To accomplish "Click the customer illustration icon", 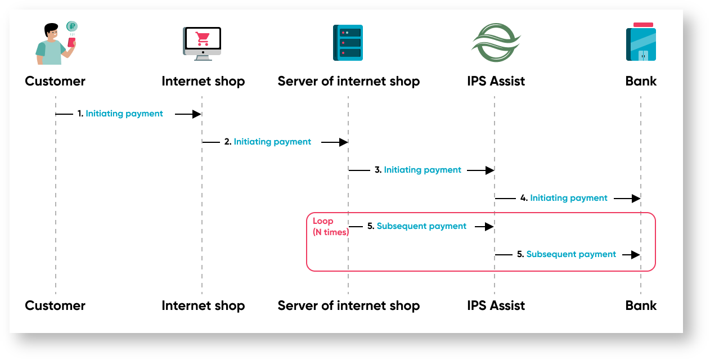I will [x=54, y=44].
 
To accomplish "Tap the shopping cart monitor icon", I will [x=202, y=43].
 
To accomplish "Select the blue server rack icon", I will [x=348, y=43].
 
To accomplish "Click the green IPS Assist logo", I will [x=496, y=43].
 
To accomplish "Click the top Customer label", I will [x=55, y=81].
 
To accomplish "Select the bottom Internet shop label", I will [x=203, y=306].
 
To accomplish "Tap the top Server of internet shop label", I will [x=349, y=81].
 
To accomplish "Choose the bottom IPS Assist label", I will [x=496, y=306].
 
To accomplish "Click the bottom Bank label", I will [x=641, y=306].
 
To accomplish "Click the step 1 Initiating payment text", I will [x=124, y=114].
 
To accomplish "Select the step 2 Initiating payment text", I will [x=272, y=142].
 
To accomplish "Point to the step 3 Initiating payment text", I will [x=423, y=170].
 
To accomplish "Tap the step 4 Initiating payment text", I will [x=569, y=198].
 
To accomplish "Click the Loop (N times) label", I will [x=330, y=227].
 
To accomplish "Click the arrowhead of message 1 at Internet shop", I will [x=197, y=114].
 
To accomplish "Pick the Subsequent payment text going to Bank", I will [x=571, y=254].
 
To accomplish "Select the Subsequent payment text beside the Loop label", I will [x=421, y=226].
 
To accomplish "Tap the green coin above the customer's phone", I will [x=71, y=26].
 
